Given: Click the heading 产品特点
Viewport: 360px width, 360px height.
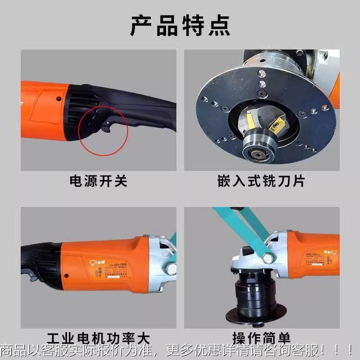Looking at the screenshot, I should (x=180, y=26).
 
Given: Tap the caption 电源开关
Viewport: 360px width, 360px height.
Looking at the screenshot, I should (x=98, y=181).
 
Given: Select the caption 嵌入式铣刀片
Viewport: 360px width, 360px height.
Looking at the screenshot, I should (x=261, y=181).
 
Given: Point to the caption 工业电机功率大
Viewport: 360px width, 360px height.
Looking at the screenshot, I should (x=98, y=338).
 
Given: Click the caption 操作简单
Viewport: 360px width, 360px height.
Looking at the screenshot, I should (x=261, y=338).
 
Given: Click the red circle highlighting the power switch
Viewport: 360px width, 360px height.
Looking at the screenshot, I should (x=103, y=130).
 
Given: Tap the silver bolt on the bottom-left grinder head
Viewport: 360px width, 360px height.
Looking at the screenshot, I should (x=171, y=270).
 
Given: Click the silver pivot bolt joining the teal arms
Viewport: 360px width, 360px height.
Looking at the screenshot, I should (x=269, y=258).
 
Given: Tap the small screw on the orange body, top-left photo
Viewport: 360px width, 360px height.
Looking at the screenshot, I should (x=58, y=99).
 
